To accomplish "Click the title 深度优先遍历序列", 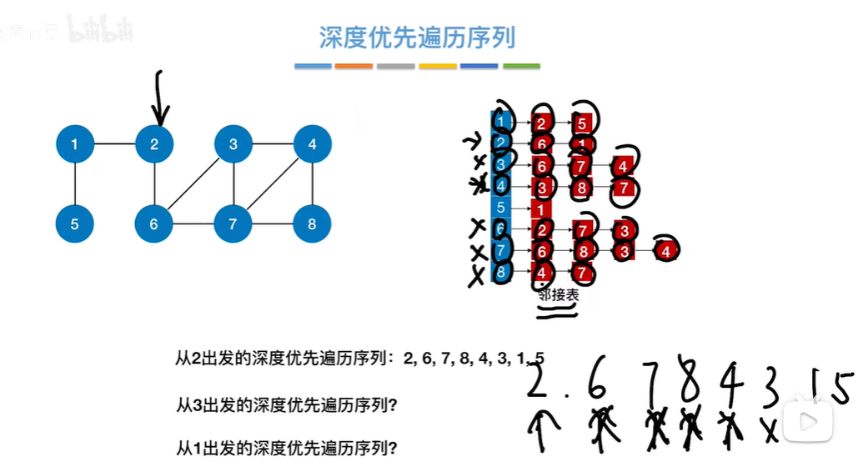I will [x=417, y=38].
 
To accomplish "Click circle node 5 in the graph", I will [x=75, y=223].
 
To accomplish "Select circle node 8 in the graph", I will [x=313, y=223].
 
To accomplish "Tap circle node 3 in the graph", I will [x=233, y=144].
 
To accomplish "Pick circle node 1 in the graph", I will [x=75, y=144].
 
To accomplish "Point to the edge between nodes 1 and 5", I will [x=75, y=184].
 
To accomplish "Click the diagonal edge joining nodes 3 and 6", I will [x=193, y=184].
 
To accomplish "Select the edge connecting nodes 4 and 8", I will [x=313, y=184].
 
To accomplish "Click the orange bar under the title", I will [x=354, y=66].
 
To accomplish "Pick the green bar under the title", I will [x=520, y=66].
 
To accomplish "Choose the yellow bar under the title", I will [x=437, y=66].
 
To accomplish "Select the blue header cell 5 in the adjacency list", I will [x=500, y=208].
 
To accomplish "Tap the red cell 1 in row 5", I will [x=540, y=208].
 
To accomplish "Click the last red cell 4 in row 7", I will [x=665, y=250].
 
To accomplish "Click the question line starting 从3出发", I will [x=285, y=405].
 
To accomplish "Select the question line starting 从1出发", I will [x=285, y=445].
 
